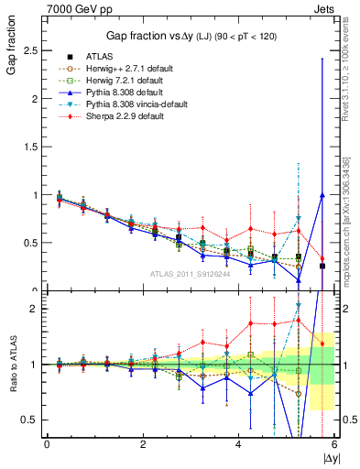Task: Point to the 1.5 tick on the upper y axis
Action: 35,147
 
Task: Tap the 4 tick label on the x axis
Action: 238,444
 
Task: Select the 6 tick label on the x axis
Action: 334,444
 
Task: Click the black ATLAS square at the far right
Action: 322,266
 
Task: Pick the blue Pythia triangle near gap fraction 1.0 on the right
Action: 322,195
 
